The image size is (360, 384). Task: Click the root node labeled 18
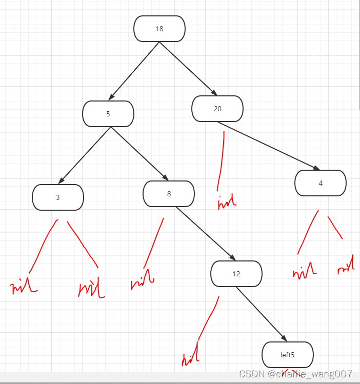(x=159, y=29)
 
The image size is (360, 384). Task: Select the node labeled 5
(x=108, y=114)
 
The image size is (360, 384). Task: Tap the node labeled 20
(x=217, y=109)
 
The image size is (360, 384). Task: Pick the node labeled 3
(x=58, y=197)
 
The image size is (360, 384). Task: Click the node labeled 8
(x=169, y=194)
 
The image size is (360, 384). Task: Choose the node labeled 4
(x=321, y=183)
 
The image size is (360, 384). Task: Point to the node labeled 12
(x=236, y=274)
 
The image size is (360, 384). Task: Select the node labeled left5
(x=288, y=355)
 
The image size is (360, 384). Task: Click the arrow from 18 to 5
(x=134, y=71)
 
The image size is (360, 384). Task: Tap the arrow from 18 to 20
(x=188, y=69)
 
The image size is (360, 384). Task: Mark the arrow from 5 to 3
(x=85, y=155)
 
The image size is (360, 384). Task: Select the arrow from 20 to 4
(x=268, y=146)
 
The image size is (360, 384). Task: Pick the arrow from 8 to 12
(x=205, y=234)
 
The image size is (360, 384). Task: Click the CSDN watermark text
(x=295, y=374)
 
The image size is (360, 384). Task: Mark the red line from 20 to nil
(x=222, y=159)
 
